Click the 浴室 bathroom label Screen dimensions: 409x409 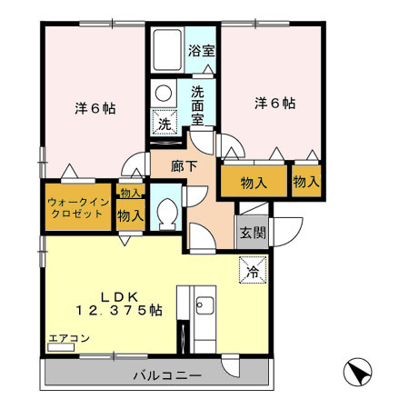(202, 52)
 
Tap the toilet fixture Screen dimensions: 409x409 (165, 213)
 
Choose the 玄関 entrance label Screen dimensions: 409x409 (253, 232)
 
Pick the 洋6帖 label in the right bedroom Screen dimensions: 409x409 (274, 104)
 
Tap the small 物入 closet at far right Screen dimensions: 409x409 (306, 182)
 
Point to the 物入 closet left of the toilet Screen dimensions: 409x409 (130, 215)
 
